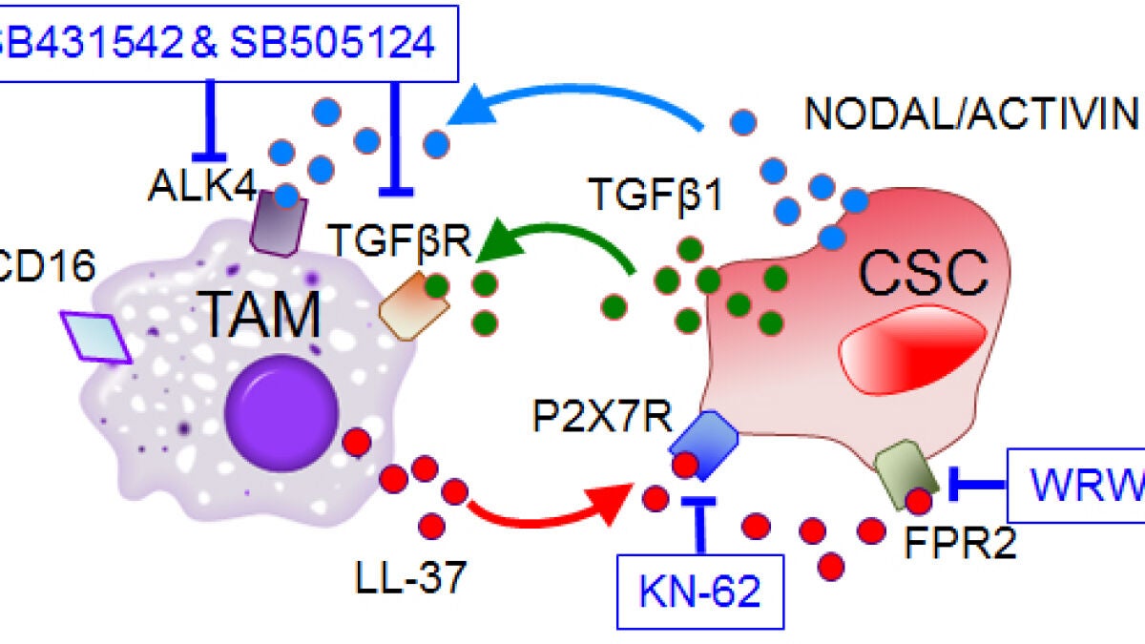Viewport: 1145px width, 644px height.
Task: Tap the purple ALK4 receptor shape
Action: click(x=278, y=218)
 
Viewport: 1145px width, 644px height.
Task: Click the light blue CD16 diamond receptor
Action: click(x=96, y=338)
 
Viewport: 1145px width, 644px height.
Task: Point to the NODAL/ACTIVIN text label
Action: click(x=971, y=114)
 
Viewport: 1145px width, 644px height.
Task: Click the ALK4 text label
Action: click(x=201, y=187)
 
